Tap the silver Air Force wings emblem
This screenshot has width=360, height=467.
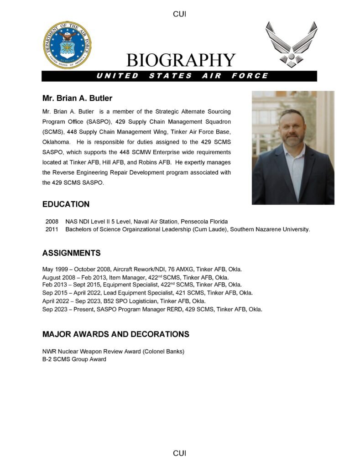[x=291, y=44]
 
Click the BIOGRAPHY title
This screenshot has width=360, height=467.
[x=181, y=60]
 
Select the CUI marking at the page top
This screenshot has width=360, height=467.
[x=180, y=14]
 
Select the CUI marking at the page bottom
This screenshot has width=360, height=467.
[x=180, y=453]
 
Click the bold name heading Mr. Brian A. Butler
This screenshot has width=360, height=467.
[x=77, y=99]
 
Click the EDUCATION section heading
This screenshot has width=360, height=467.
[x=66, y=204]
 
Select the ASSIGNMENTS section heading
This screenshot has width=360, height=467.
[x=71, y=253]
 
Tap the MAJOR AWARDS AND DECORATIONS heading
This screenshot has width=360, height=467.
[x=115, y=334]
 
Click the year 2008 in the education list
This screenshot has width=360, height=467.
[x=52, y=222]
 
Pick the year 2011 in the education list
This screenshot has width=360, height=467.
[x=52, y=229]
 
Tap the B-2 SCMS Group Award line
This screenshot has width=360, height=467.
[x=74, y=359]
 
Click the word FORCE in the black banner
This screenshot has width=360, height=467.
[x=250, y=76]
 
